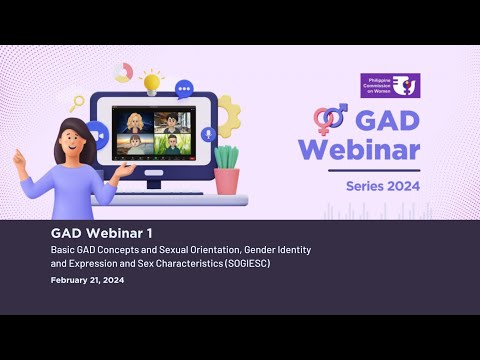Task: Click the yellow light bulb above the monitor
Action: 152,80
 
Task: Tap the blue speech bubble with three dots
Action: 185,89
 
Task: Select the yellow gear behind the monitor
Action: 227,116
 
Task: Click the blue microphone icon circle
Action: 208,134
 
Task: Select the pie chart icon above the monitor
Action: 124,72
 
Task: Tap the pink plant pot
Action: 227,180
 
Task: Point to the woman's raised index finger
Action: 16,155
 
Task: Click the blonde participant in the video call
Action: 133,123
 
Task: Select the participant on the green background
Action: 172,146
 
